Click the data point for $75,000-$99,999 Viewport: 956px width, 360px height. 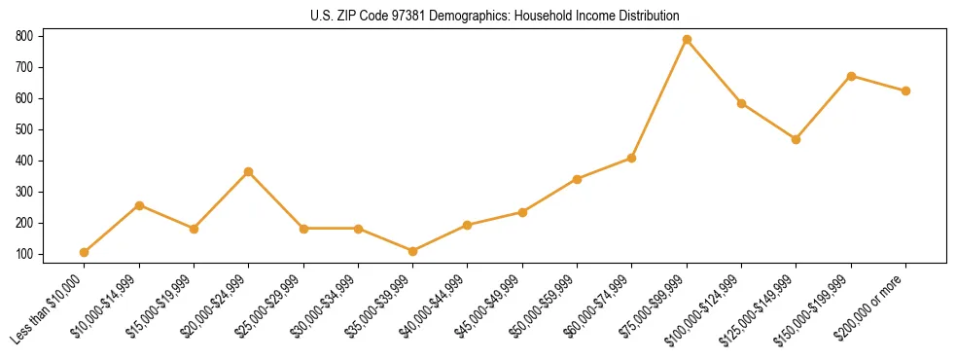pos(687,40)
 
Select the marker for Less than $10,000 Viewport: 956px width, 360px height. pos(85,252)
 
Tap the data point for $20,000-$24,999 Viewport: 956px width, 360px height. pos(249,171)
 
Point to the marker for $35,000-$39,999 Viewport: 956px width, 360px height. pos(413,251)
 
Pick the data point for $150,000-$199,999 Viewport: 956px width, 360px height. pos(851,76)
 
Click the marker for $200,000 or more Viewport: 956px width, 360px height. pos(905,90)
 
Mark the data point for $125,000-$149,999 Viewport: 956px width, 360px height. pos(797,139)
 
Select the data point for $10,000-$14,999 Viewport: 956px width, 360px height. pos(139,205)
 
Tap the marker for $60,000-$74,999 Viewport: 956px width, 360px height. pos(632,158)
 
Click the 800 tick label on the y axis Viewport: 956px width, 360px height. pos(24,36)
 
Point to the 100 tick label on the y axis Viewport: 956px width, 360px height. pos(24,254)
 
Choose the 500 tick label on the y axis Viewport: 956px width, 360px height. pos(24,129)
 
